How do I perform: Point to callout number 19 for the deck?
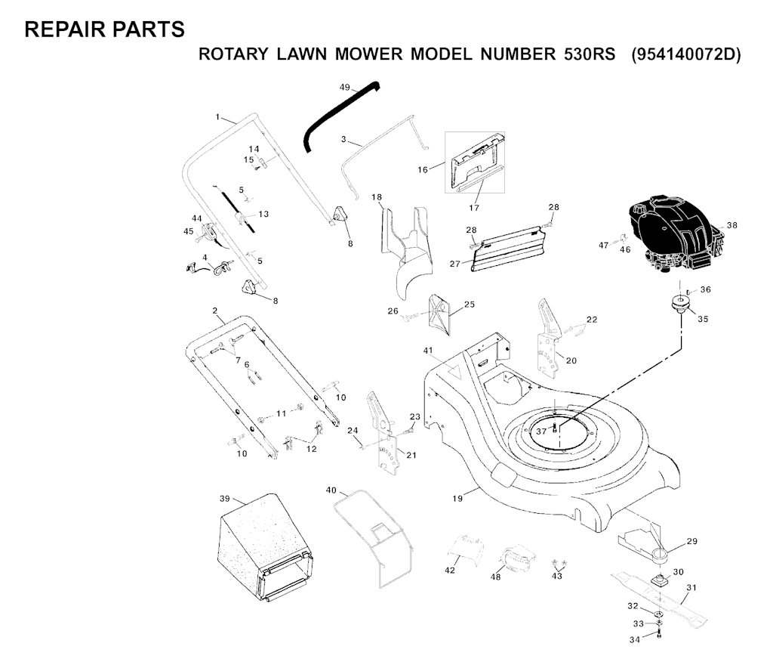point(457,499)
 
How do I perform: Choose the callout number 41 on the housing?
point(428,351)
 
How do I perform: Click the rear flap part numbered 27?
point(510,250)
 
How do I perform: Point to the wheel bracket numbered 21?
point(383,435)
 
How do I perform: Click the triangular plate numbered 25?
point(439,312)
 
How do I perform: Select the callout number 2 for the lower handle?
point(215,311)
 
